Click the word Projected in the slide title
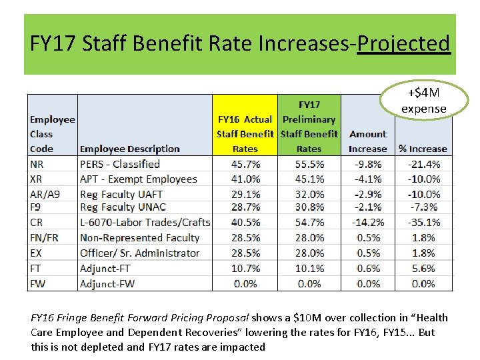[403, 44]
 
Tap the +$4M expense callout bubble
[424, 101]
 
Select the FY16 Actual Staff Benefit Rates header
[245, 134]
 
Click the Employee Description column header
[129, 149]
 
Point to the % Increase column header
[423, 149]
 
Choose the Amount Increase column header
[367, 141]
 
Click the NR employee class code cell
[37, 164]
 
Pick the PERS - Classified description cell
[120, 164]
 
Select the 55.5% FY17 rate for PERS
[309, 164]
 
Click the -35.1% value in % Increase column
[423, 223]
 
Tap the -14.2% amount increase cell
[367, 223]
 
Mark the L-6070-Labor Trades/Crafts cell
[145, 223]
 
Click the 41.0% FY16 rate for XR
[245, 179]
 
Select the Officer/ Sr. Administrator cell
[139, 253]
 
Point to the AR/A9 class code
[43, 194]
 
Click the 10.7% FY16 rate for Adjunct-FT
[245, 268]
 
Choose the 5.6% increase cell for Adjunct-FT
[423, 268]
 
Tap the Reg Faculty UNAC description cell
[123, 208]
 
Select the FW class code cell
[38, 283]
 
